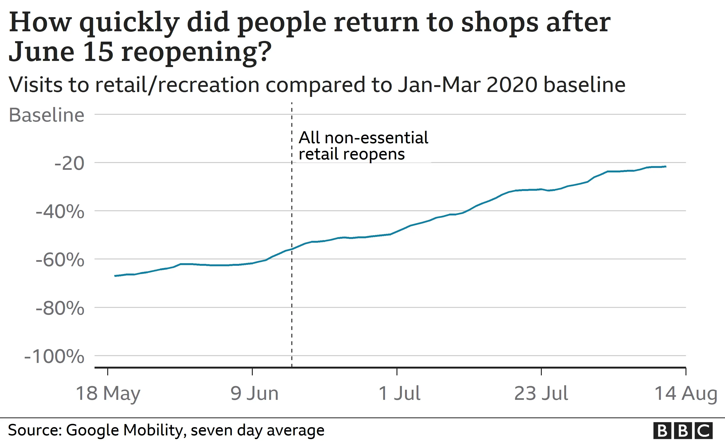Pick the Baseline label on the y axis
[47, 115]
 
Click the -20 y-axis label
[69, 163]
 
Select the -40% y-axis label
[60, 212]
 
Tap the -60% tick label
[60, 260]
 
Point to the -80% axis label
[60, 309]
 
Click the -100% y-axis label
[54, 357]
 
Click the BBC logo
[683, 431]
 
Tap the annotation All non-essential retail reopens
[363, 146]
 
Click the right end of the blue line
[666, 167]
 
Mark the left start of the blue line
[115, 276]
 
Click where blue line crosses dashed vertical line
[292, 249]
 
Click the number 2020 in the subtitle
[512, 85]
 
